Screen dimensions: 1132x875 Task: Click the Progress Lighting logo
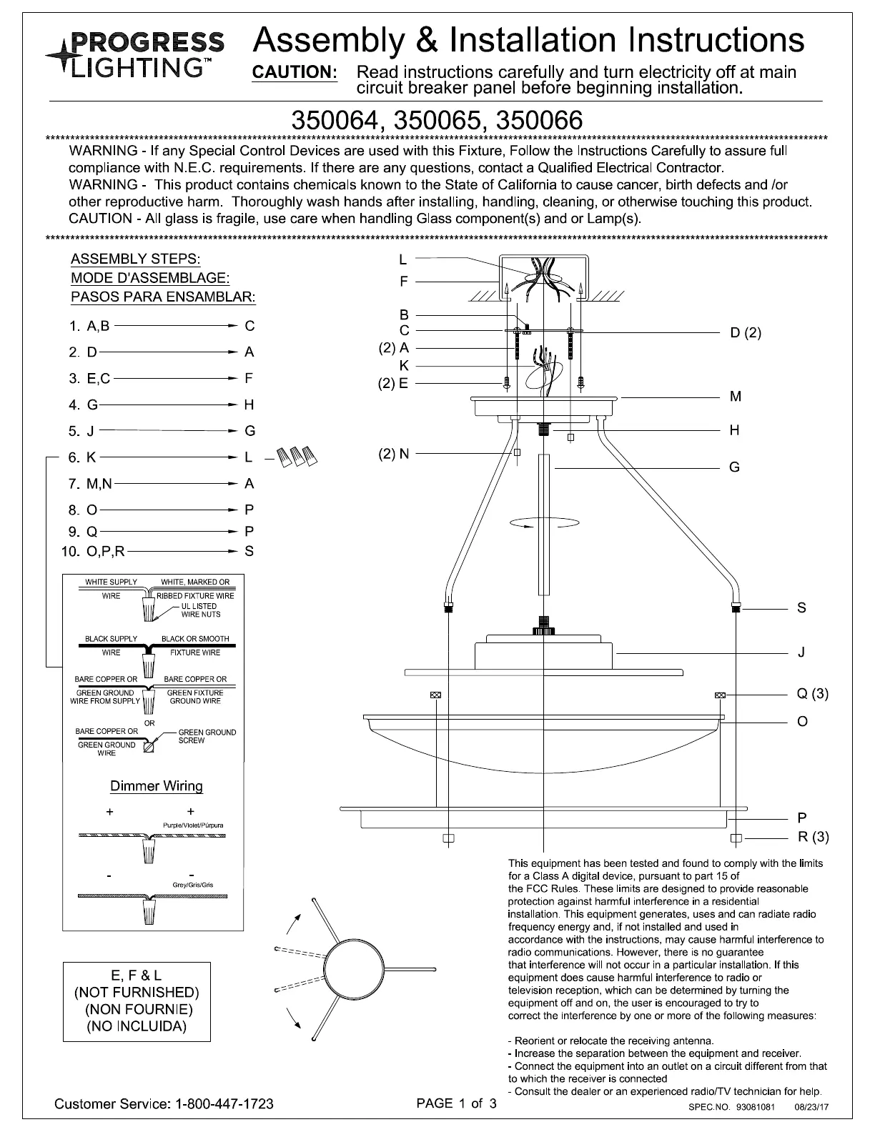pos(134,55)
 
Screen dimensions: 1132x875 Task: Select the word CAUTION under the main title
pos(295,73)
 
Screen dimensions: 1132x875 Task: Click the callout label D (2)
pos(746,332)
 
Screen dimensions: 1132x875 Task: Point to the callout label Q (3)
pos(812,694)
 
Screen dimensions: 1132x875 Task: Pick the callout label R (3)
pos(813,837)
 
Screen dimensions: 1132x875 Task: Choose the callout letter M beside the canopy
pos(735,397)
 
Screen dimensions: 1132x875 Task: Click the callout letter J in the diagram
pos(801,652)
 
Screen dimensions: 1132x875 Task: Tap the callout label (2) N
pos(394,454)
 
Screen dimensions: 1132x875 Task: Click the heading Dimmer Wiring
pos(157,786)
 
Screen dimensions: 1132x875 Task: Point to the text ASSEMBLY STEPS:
pos(136,259)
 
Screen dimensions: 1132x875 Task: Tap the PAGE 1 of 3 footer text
pos(456,1103)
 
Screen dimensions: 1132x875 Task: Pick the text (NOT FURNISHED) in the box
pos(137,993)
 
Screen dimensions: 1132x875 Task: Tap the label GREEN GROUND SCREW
pos(207,736)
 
